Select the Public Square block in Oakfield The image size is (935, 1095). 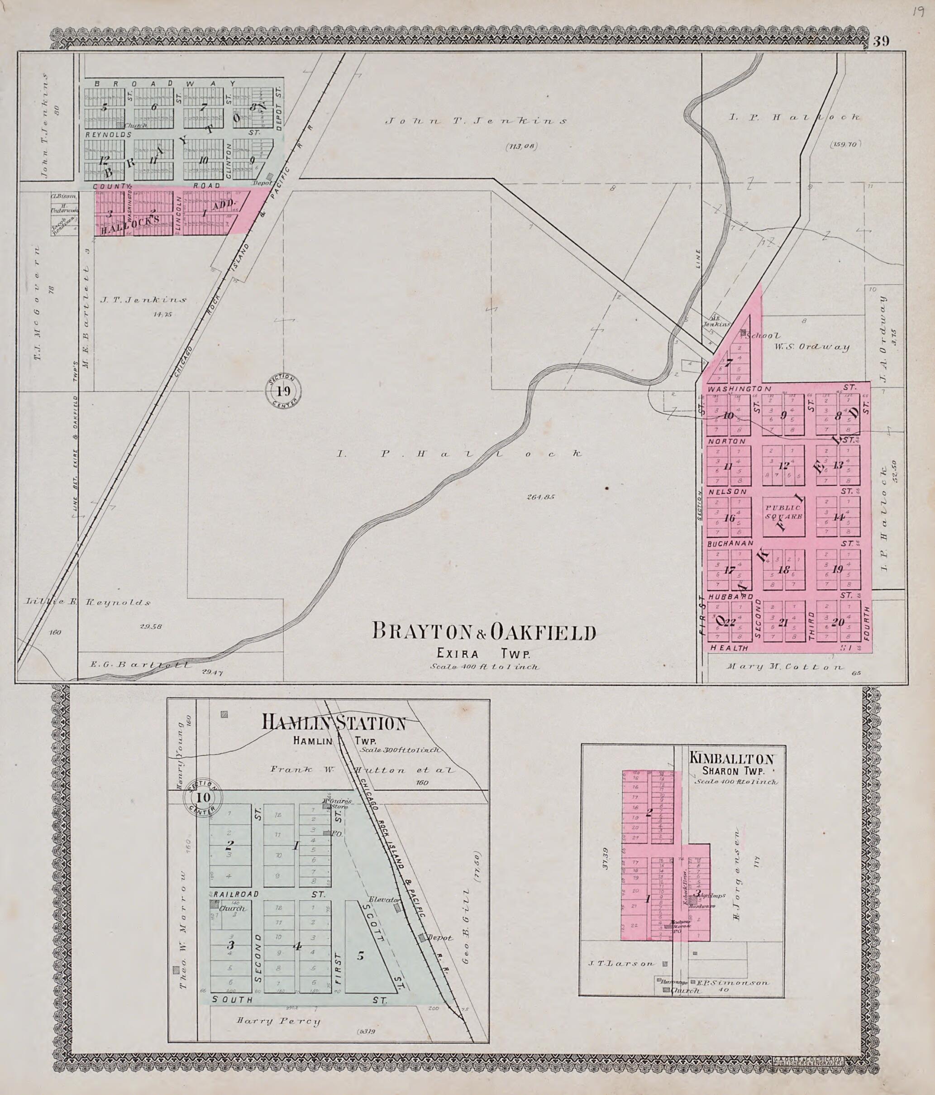click(783, 512)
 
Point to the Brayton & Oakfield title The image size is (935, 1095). click(484, 632)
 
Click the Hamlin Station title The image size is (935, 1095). click(335, 723)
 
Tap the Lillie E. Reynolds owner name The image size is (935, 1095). click(88, 602)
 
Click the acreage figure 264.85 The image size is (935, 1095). click(540, 497)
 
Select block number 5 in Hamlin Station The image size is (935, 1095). click(360, 956)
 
